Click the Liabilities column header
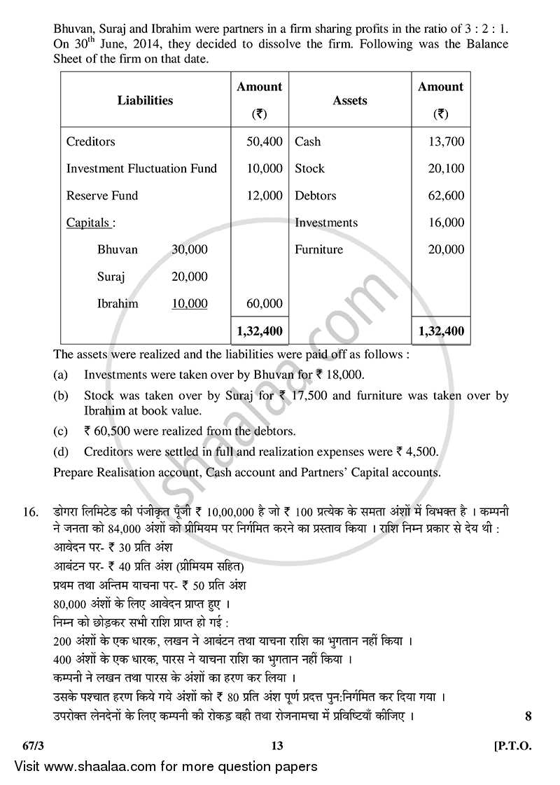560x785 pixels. point(145,100)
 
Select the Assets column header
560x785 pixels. point(350,100)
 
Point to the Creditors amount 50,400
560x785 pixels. point(265,141)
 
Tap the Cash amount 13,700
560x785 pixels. point(446,141)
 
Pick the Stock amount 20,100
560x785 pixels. point(446,169)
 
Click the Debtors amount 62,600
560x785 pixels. point(446,195)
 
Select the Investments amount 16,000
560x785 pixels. point(446,223)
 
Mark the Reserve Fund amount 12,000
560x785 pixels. point(265,195)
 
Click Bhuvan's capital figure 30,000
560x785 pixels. point(189,249)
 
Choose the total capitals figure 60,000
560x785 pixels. point(265,303)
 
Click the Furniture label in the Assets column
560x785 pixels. point(318,249)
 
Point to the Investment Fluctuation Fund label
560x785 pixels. point(141,169)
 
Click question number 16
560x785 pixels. point(30,513)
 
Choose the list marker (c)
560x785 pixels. point(61,431)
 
